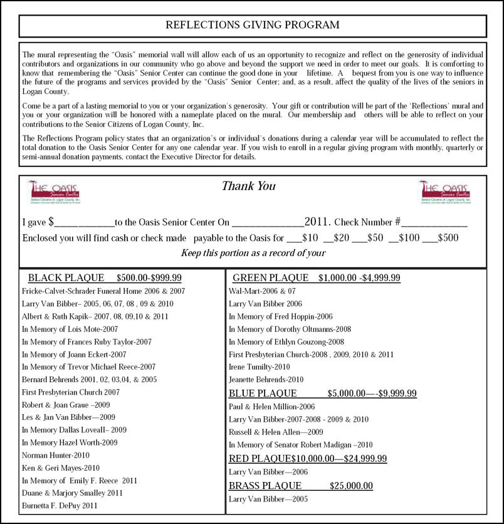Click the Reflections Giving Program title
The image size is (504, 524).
[x=252, y=25]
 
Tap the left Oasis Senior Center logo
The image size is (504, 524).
[x=57, y=192]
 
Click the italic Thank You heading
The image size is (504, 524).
[x=248, y=186]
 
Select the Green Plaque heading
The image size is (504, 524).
[x=316, y=278]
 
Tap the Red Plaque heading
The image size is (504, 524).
[x=307, y=458]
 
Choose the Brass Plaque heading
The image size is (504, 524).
[x=300, y=486]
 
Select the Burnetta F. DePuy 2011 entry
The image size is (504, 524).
[x=60, y=505]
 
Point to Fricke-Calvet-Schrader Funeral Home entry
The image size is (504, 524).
[x=103, y=291]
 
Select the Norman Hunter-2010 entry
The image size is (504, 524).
[x=56, y=455]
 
